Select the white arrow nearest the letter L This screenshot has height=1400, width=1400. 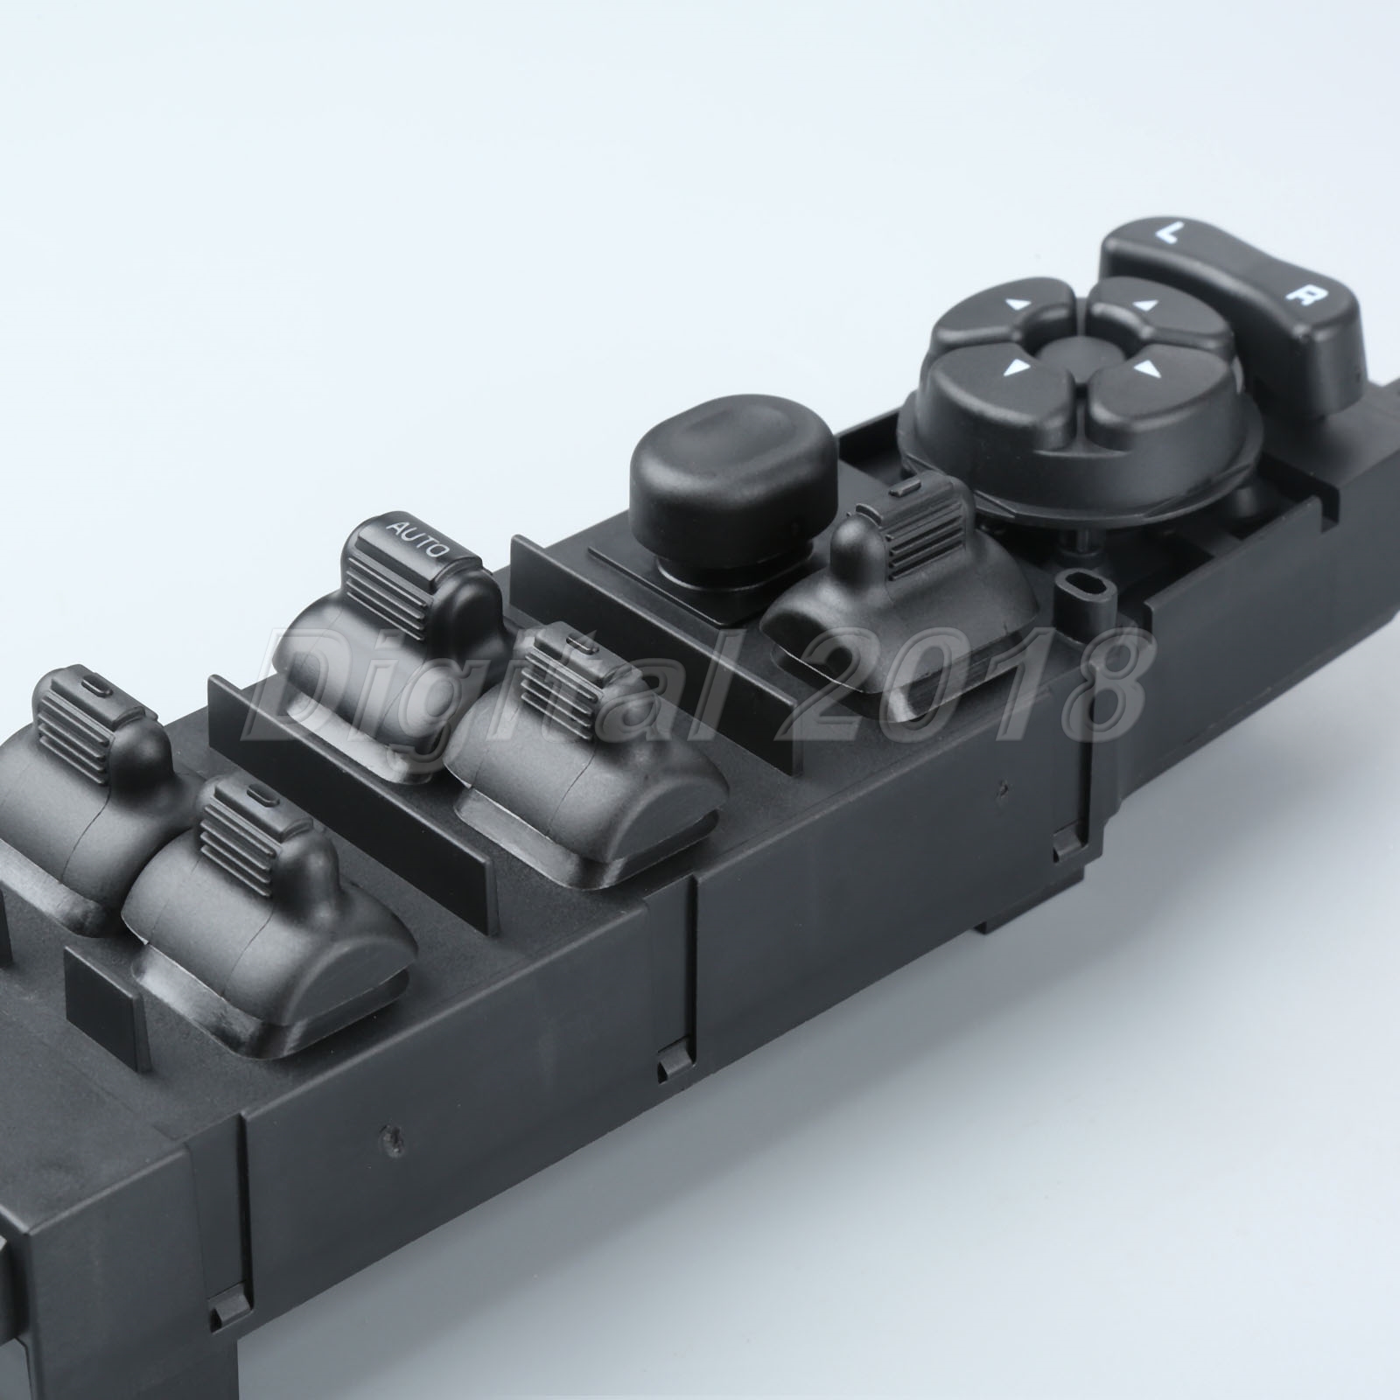click(x=1144, y=305)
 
